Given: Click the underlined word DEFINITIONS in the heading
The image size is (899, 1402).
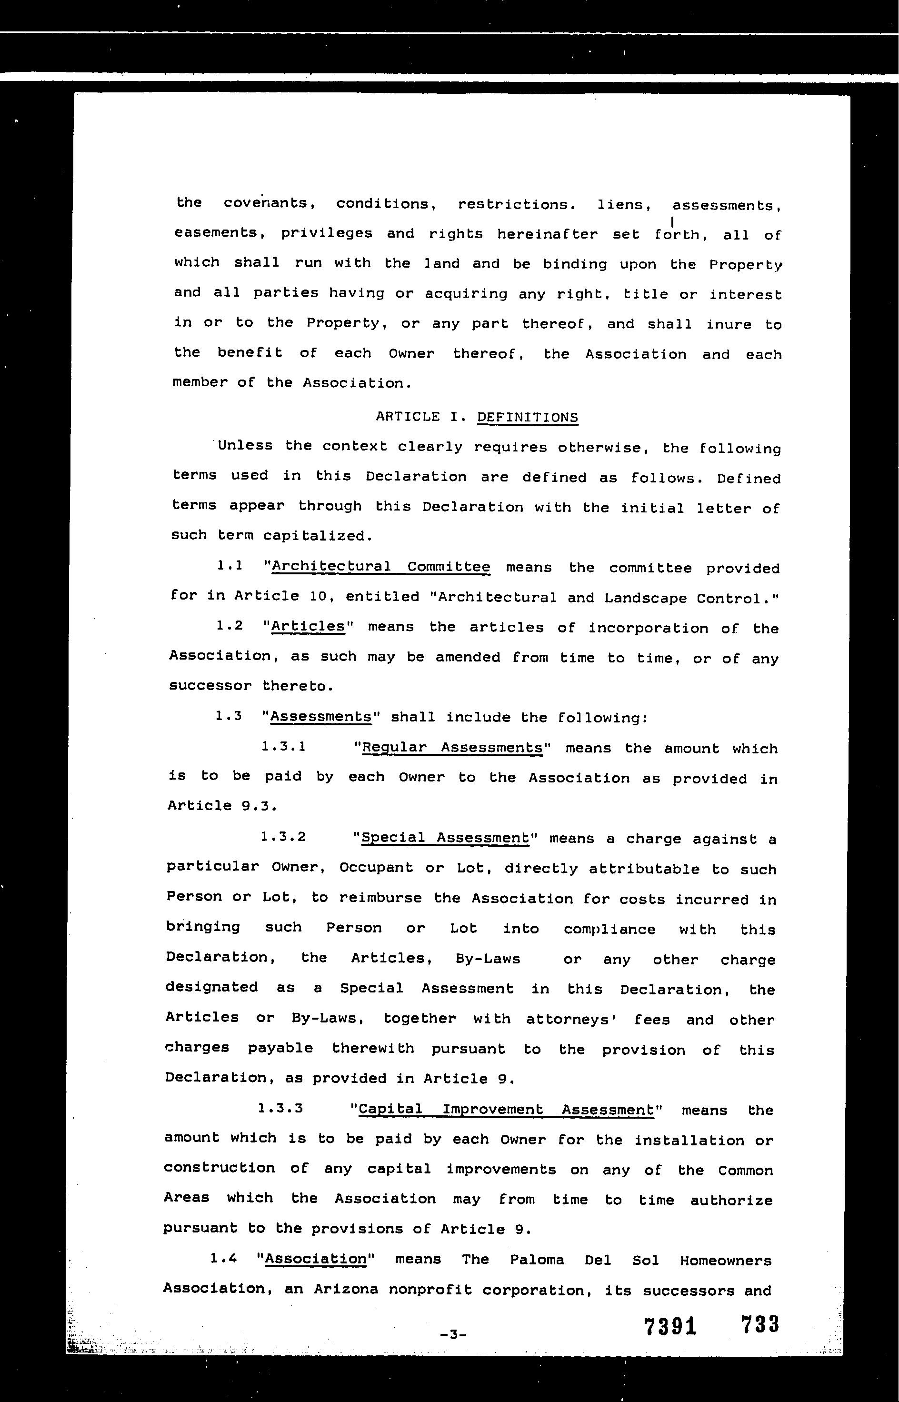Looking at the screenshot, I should (527, 417).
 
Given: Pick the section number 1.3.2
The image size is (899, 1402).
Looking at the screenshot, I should (283, 837).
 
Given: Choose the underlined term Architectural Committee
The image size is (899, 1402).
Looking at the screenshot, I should (380, 566).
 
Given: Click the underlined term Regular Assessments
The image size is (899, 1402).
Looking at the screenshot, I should (452, 748).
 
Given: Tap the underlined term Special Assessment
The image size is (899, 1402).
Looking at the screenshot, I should (445, 838).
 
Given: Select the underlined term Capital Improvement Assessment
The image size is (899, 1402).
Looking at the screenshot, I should (506, 1110).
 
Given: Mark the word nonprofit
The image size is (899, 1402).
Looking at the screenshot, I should (430, 1290).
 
